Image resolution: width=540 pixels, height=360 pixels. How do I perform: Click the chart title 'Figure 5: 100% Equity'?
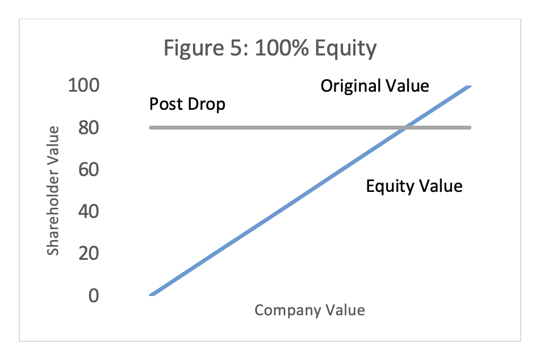270,48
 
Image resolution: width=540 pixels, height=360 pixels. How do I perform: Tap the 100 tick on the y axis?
84,85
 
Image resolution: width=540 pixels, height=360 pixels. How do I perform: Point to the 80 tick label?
88,127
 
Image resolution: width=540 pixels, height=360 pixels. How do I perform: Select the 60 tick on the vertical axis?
88,169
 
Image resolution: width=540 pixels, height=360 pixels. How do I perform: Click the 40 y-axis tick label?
88,212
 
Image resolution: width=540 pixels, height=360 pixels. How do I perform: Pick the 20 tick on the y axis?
88,254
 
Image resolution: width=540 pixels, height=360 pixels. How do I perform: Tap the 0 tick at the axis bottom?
93,295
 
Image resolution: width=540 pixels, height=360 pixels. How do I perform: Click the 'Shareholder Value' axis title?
53,191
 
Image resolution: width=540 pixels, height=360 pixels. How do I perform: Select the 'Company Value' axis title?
310,310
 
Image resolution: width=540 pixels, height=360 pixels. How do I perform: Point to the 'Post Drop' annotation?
187,104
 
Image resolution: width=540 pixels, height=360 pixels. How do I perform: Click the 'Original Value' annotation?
375,86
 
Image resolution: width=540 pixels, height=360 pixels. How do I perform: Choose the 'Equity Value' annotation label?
414,186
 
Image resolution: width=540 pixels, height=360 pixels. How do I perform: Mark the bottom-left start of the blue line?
151,295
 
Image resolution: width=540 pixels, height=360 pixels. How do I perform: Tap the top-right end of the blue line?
469,87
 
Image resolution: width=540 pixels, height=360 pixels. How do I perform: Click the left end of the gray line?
151,127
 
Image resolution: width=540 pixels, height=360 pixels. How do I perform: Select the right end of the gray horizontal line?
469,127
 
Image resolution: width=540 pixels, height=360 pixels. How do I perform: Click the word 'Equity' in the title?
345,49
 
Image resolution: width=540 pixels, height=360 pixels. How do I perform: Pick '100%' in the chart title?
282,48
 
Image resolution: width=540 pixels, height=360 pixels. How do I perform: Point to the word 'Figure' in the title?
194,49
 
